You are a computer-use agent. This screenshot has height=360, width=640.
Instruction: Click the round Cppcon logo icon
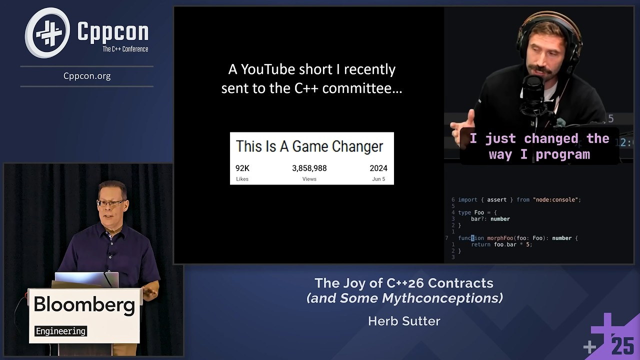pyautogui.click(x=48, y=33)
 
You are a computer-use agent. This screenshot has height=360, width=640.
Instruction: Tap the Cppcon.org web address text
pyautogui.click(x=87, y=76)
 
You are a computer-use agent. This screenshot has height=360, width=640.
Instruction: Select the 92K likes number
pyautogui.click(x=242, y=168)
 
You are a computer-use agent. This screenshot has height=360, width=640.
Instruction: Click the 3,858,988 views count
pyautogui.click(x=309, y=168)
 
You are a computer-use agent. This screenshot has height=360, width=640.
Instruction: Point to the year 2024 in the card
pyautogui.click(x=378, y=168)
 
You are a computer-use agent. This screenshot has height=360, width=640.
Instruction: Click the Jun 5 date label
pyautogui.click(x=378, y=179)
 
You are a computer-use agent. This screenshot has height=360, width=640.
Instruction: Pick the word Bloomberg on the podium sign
pyautogui.click(x=84, y=305)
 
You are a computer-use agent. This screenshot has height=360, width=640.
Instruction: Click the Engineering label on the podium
pyautogui.click(x=61, y=331)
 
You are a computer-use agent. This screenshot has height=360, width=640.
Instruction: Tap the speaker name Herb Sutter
pyautogui.click(x=404, y=321)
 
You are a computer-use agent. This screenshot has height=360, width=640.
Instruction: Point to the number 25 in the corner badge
pyautogui.click(x=622, y=346)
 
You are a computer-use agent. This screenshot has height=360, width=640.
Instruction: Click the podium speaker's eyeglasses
pyautogui.click(x=111, y=203)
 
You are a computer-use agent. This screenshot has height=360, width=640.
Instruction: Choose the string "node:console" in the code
pyautogui.click(x=556, y=199)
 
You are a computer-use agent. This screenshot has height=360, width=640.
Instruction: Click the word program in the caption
pyautogui.click(x=563, y=154)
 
